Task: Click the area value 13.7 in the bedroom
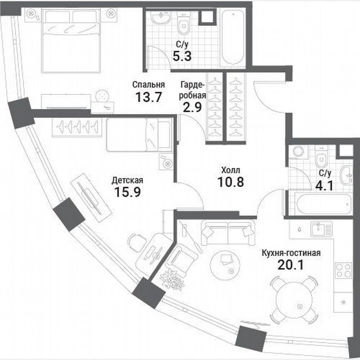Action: click(148, 97)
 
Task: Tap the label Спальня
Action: click(148, 85)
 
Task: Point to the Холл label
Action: click(230, 170)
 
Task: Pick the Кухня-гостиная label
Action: click(291, 253)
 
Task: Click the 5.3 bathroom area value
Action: click(182, 55)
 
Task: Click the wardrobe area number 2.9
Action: click(192, 107)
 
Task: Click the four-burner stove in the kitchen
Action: click(344, 270)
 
